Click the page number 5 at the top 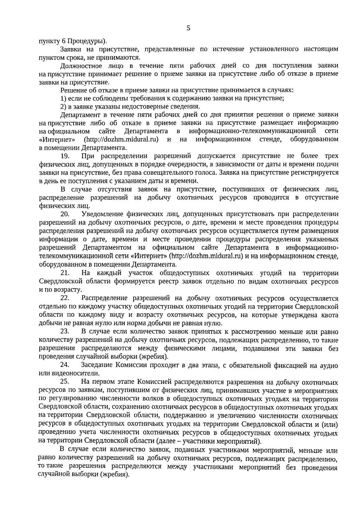(188, 28)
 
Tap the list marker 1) (63, 98)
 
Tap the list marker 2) (63, 106)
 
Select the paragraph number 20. (65, 214)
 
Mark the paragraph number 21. (65, 273)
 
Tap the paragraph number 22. (65, 299)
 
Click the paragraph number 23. (65, 332)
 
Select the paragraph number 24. (65, 366)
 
